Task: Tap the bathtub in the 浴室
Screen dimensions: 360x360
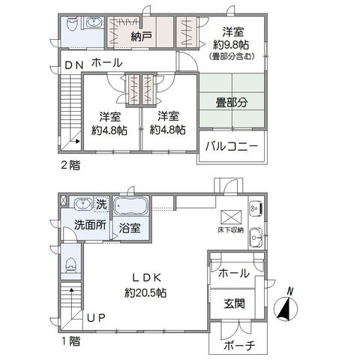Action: (130, 205)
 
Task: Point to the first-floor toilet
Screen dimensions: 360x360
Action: (70, 265)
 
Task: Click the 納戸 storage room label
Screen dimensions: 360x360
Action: (141, 37)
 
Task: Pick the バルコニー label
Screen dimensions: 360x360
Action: (232, 146)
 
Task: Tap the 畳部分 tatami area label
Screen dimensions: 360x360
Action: (232, 103)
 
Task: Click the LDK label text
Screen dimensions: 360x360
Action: (146, 277)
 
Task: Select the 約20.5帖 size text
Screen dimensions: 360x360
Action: (145, 292)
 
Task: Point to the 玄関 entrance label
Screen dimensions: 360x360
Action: (234, 303)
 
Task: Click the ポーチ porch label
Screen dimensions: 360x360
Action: (239, 346)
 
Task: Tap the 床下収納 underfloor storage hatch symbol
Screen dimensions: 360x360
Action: (231, 217)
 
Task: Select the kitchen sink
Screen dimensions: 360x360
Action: (256, 237)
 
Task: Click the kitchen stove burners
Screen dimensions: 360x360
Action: (256, 208)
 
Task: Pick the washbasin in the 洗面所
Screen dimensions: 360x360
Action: (82, 203)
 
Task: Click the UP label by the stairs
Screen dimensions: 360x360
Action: (96, 318)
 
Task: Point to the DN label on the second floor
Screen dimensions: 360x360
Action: (74, 65)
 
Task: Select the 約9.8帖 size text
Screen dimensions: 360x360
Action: (231, 45)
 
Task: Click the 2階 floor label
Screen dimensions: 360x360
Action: (70, 166)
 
